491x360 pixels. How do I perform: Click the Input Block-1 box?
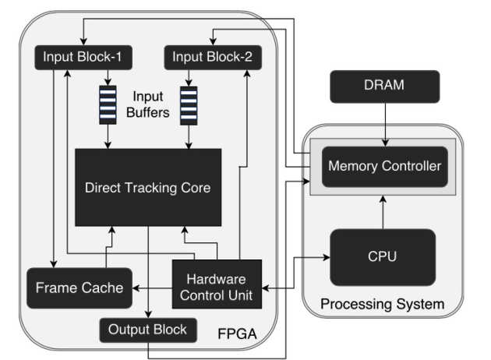(x=83, y=57)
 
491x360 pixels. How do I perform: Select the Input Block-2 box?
(x=213, y=57)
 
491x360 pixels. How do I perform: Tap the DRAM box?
(x=385, y=85)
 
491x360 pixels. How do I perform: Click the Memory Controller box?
(x=384, y=165)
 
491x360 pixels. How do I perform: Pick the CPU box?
(x=383, y=256)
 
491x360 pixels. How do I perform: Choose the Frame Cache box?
(x=79, y=288)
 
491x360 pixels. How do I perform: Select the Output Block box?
(x=147, y=330)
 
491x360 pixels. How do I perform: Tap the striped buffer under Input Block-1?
(x=108, y=105)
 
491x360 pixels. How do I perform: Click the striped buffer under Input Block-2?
(x=189, y=105)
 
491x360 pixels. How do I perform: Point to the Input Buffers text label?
(x=149, y=105)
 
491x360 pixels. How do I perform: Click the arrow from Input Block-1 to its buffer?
(x=108, y=76)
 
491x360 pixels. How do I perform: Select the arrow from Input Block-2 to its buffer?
(x=189, y=76)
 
